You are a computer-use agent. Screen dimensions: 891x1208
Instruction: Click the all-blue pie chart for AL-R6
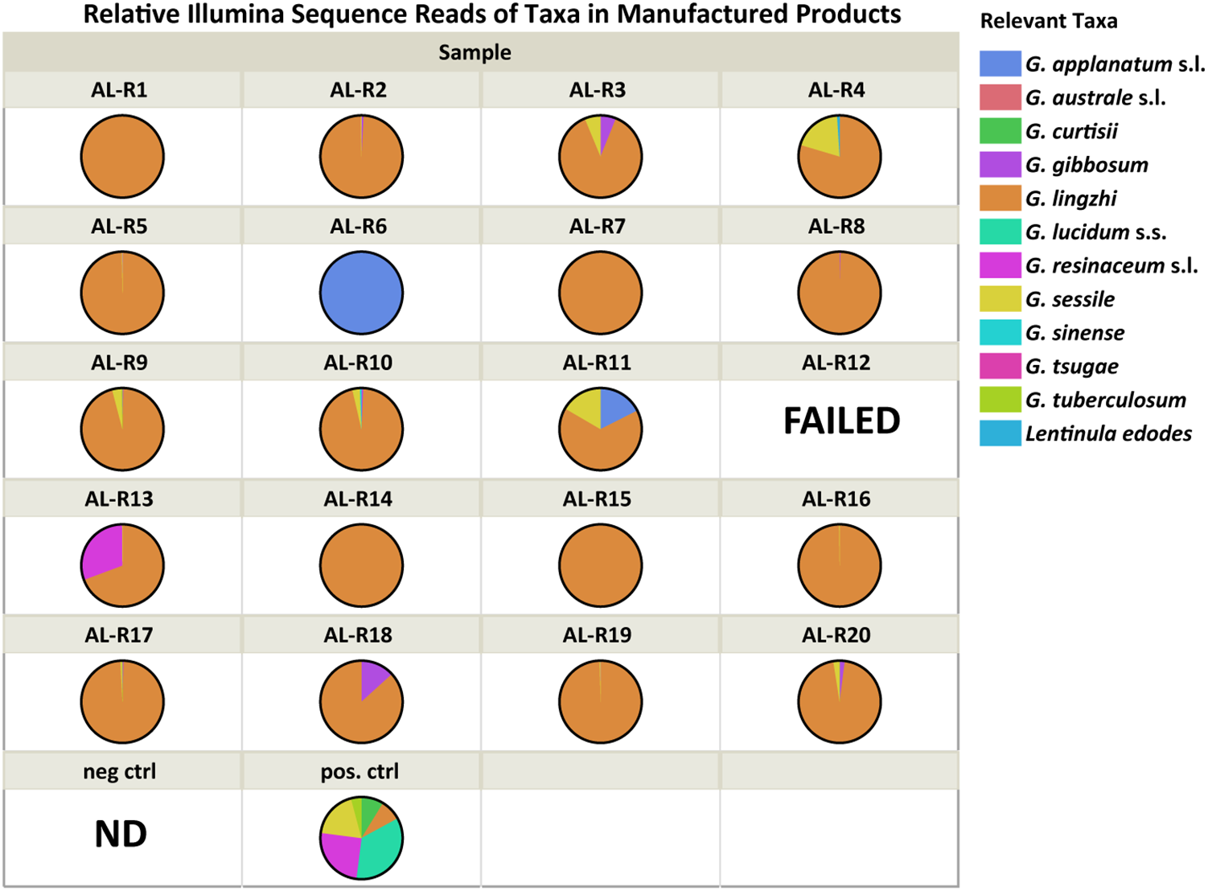361,293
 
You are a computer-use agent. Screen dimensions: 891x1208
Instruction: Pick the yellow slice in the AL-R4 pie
820,138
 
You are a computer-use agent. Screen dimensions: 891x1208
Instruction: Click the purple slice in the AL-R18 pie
373,678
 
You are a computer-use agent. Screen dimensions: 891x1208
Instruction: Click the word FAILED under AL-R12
841,421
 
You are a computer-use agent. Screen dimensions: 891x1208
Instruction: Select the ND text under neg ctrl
121,834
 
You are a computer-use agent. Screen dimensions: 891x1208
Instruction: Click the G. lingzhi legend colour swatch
1000,198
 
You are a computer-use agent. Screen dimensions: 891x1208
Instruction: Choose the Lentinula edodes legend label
1107,433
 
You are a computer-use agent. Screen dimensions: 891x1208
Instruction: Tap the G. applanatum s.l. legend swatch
1000,64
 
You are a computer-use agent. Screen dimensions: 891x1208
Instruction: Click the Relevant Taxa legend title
1048,22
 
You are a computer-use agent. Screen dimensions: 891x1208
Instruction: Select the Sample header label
475,52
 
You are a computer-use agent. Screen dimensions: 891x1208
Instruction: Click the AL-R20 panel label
836,635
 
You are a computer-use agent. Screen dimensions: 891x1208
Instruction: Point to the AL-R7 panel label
597,227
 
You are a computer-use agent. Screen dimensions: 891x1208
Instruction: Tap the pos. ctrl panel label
360,771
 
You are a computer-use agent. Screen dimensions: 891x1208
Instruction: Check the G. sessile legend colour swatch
1000,299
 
